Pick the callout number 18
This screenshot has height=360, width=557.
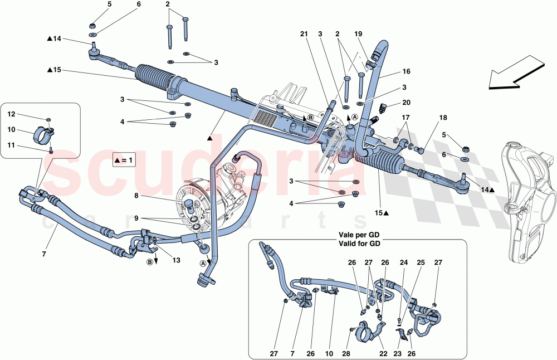(x=443, y=119)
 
